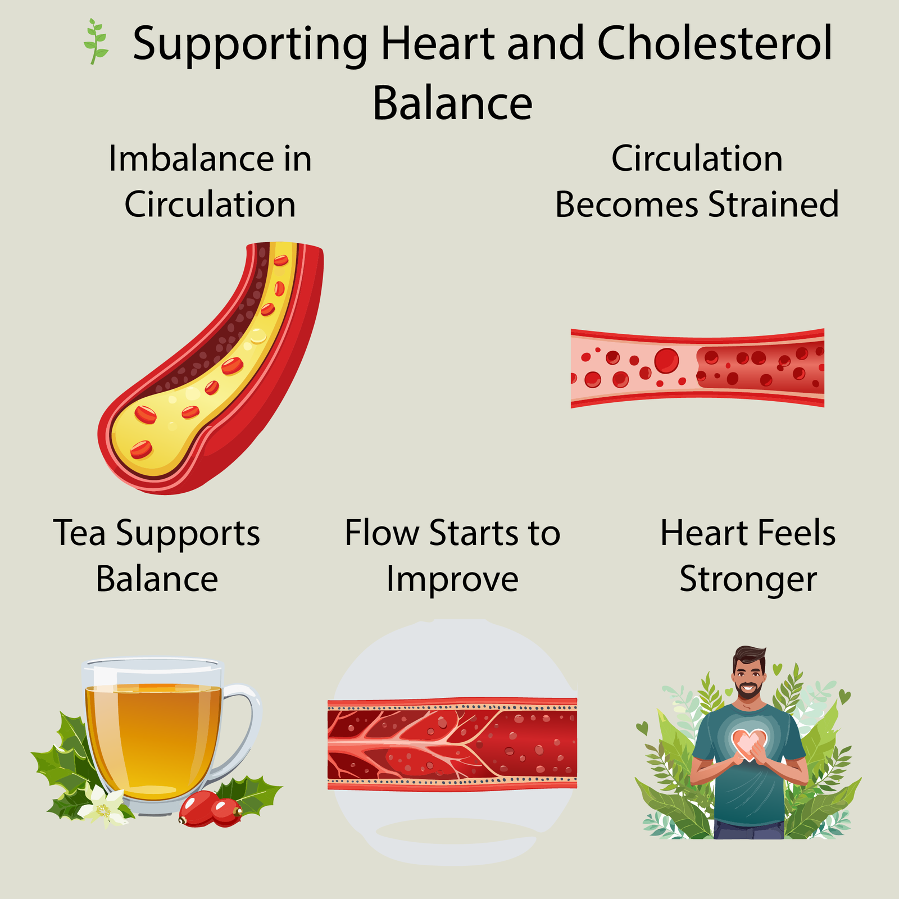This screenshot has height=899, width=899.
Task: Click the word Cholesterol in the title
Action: pos(714,44)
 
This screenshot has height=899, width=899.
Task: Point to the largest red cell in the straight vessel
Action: pos(666,360)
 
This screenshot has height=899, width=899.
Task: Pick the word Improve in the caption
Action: pos(452,579)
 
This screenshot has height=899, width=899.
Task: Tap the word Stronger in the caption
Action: pos(748,579)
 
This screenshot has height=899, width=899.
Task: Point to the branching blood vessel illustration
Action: pos(452,744)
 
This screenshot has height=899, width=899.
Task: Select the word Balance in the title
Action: pos(452,103)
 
